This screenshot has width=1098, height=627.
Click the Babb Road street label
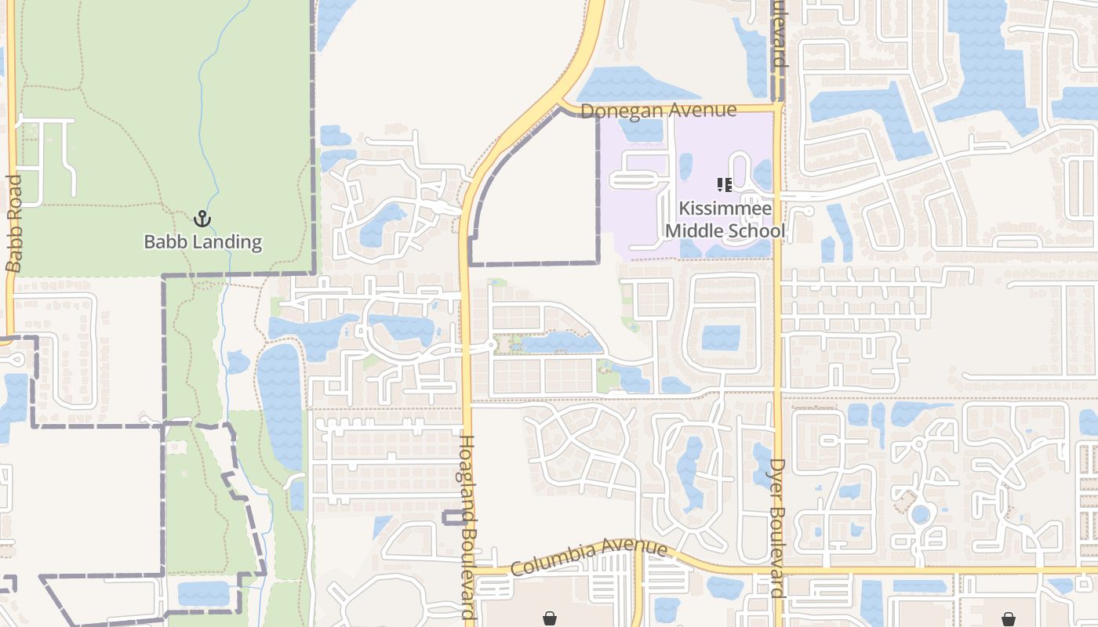click(x=14, y=223)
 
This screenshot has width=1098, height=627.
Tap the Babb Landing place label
click(x=202, y=241)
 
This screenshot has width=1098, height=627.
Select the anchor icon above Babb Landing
click(x=202, y=219)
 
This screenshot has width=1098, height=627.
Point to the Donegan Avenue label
click(x=659, y=111)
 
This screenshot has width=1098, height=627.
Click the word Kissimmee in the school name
click(x=725, y=209)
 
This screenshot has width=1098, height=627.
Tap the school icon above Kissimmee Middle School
click(x=725, y=185)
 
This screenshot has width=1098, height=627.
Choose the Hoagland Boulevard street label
click(x=468, y=529)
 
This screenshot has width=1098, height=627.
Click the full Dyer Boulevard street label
click(x=777, y=528)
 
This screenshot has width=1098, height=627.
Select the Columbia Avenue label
click(x=589, y=557)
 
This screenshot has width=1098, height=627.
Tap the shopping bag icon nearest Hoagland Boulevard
click(x=550, y=618)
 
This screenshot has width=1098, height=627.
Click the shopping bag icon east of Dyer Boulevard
click(x=1008, y=618)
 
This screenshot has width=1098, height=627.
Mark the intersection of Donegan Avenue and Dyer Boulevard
click(x=777, y=107)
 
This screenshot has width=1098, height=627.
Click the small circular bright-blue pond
click(x=920, y=515)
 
